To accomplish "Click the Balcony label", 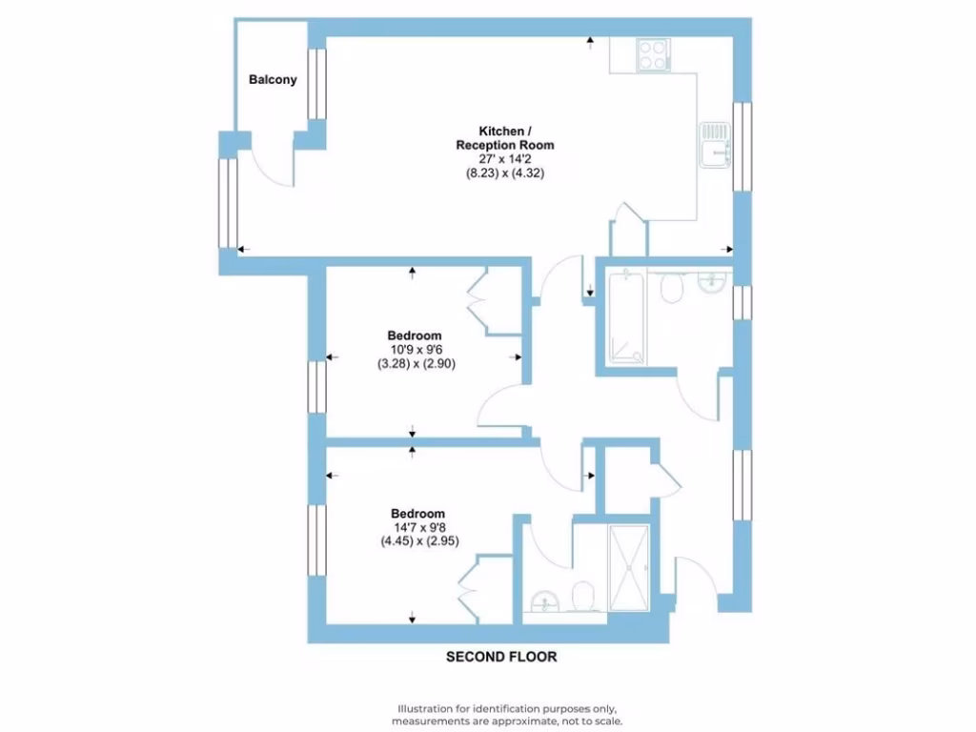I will (x=273, y=80).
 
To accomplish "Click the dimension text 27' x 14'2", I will (x=503, y=159).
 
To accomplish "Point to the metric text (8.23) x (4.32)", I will (x=503, y=173).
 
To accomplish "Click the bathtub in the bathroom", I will (x=624, y=318).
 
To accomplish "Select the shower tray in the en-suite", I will (x=629, y=567).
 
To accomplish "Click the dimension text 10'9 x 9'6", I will (x=414, y=350).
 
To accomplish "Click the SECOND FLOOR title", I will (x=501, y=657).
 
